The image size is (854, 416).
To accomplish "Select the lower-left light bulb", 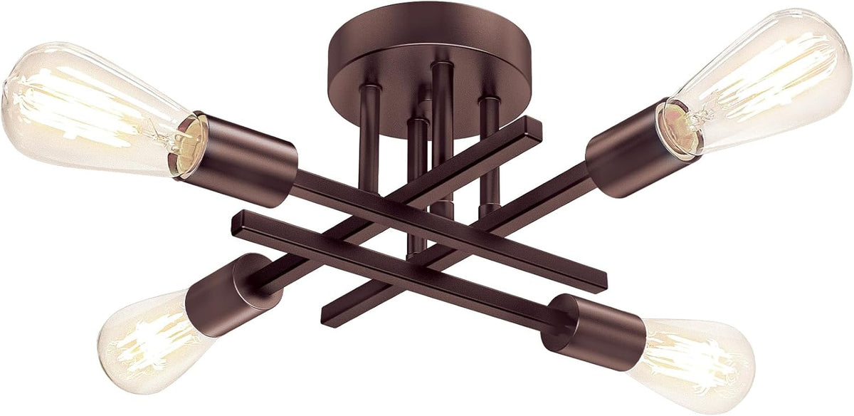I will tap(142, 342).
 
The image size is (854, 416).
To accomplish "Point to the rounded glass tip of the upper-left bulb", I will tap(9, 107).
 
